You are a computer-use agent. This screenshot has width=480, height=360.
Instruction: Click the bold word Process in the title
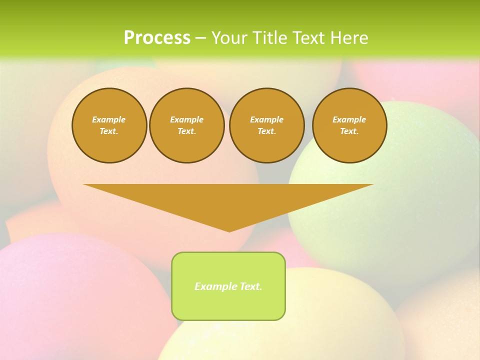point(157,38)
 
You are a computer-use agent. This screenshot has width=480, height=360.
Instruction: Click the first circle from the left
point(109,125)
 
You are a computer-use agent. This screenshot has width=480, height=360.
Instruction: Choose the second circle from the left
point(186,125)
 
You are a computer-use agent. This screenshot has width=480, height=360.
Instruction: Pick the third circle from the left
point(266,125)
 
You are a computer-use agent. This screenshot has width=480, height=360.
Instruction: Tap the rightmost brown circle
point(349,125)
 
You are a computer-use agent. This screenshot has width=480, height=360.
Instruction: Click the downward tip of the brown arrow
point(229,230)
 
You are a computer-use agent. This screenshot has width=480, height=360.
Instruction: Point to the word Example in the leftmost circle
point(109,119)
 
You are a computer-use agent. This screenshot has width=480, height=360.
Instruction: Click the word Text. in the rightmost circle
point(349,131)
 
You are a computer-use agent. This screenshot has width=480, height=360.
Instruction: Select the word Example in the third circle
point(266,119)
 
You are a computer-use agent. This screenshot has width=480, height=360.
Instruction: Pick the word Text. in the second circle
point(186,131)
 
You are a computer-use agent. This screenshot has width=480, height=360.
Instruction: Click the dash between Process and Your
point(200,38)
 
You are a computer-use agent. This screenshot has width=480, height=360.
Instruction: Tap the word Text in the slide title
point(309,38)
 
